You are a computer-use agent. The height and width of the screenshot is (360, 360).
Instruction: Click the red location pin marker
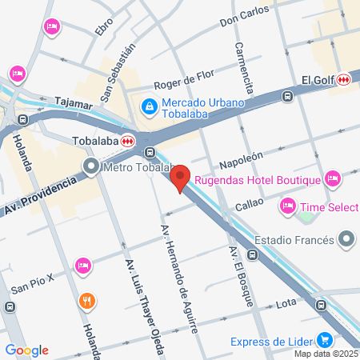[x=181, y=178]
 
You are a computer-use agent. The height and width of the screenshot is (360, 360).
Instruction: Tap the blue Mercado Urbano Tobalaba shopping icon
[x=149, y=106]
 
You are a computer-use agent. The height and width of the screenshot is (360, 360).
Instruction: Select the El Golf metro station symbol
[x=344, y=79]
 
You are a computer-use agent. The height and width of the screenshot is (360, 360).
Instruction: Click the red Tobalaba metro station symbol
[x=128, y=140]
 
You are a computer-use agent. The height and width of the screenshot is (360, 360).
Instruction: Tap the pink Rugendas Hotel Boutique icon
[x=334, y=178]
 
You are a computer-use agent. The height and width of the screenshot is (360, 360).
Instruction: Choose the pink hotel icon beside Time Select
[x=287, y=207]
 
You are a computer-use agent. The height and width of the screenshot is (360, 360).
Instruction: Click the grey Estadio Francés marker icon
[x=346, y=239]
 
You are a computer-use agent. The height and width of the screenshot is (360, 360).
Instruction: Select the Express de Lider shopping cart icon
[x=324, y=339]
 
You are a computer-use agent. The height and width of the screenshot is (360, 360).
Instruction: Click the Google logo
[x=26, y=350]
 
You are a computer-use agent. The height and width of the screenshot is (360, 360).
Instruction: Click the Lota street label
[x=286, y=304]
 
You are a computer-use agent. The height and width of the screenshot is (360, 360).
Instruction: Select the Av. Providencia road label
[x=42, y=194]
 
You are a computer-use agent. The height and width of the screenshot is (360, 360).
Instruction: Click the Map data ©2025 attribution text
[x=325, y=354]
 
